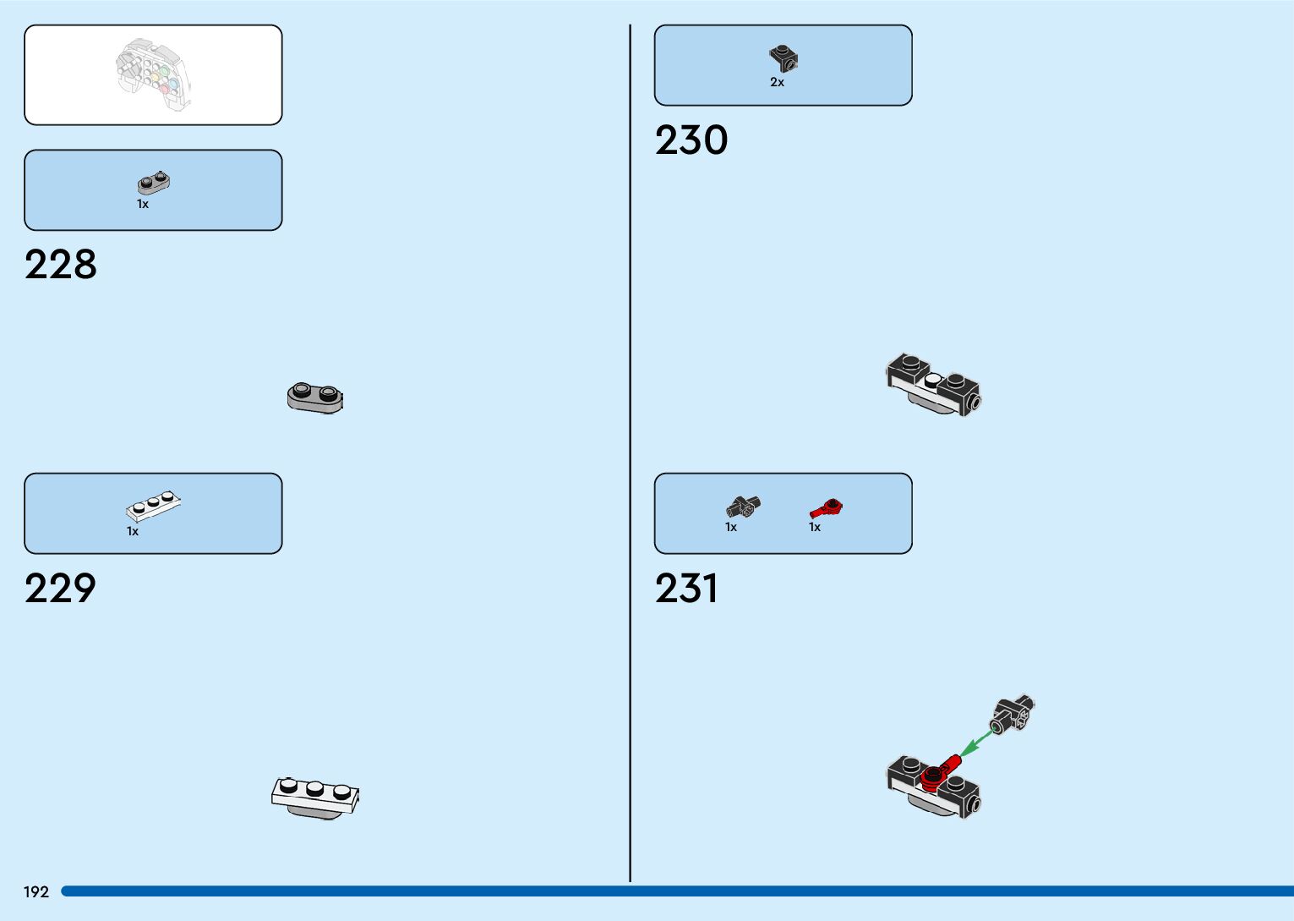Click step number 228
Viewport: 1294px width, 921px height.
tap(61, 265)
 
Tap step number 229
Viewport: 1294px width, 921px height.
tap(61, 589)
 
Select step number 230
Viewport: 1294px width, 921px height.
tap(691, 140)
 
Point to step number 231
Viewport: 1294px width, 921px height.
tap(686, 589)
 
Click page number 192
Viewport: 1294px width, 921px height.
tap(36, 892)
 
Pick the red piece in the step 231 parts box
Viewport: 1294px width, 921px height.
tap(827, 508)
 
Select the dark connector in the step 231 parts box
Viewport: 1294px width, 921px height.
tap(742, 507)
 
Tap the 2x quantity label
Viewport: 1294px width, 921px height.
tap(777, 83)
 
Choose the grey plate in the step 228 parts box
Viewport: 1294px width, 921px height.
tap(155, 183)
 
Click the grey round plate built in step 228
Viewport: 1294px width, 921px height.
tap(315, 397)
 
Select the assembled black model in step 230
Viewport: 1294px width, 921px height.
tap(933, 384)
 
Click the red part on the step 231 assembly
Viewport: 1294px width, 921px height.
tap(938, 772)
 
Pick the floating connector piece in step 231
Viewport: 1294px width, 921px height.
tap(1013, 715)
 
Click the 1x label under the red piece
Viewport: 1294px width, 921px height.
tap(815, 528)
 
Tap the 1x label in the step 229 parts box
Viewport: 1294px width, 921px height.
tap(133, 532)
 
